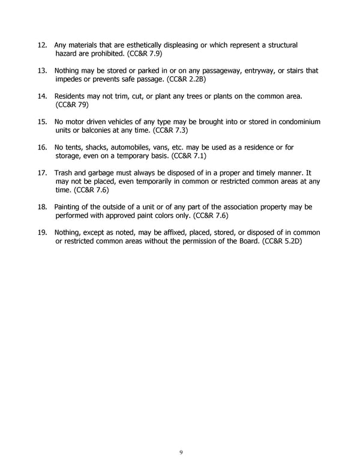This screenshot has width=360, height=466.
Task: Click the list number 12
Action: tap(42, 45)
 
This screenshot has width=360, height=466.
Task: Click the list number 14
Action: tap(42, 96)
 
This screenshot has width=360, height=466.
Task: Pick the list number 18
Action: tap(42, 207)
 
